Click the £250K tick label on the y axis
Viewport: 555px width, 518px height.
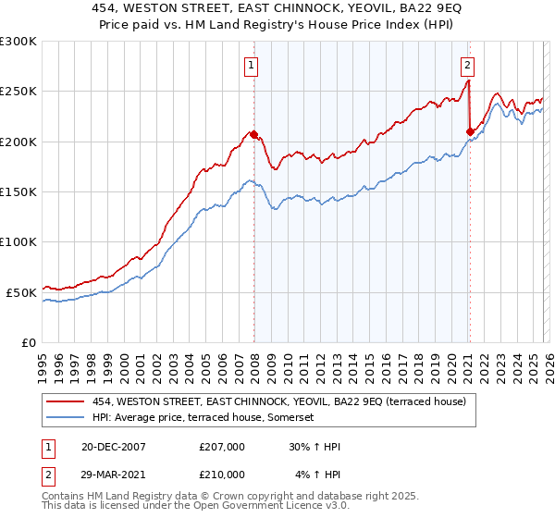[x=18, y=92]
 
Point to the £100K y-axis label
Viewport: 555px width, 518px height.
[x=18, y=241]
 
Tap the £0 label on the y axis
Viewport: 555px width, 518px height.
[x=30, y=342]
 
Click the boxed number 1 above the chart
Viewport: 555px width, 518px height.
[x=252, y=65]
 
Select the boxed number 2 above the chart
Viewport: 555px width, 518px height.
[x=468, y=65]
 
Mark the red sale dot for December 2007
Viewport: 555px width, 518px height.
[x=253, y=135]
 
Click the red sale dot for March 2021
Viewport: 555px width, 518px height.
[x=470, y=131]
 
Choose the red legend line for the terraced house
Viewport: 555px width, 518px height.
[x=66, y=401]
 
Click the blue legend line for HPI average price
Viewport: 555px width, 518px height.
[x=66, y=418]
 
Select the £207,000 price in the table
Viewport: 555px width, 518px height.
[x=221, y=447]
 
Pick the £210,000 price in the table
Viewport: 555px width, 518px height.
[x=221, y=475]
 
